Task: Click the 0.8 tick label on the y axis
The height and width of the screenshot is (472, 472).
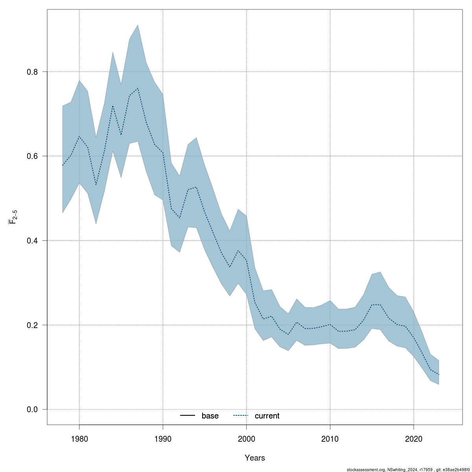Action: click(33, 72)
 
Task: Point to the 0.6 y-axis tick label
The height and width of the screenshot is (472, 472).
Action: click(33, 156)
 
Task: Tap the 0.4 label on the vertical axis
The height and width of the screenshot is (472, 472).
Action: click(33, 241)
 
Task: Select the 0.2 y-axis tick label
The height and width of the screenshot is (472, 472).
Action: click(33, 325)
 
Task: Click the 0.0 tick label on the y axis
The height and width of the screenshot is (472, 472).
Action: click(33, 409)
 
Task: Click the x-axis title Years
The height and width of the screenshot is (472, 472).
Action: click(255, 458)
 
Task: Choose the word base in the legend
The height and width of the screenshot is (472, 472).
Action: click(210, 416)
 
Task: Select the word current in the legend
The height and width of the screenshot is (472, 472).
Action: click(267, 416)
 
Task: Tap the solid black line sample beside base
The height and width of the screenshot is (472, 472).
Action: click(188, 416)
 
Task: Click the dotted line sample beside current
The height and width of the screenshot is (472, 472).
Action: click(241, 416)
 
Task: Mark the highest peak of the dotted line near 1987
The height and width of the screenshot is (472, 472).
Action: click(138, 88)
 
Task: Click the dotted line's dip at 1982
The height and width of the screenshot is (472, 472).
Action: click(96, 185)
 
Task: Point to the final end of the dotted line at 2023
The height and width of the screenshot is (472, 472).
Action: click(439, 374)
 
